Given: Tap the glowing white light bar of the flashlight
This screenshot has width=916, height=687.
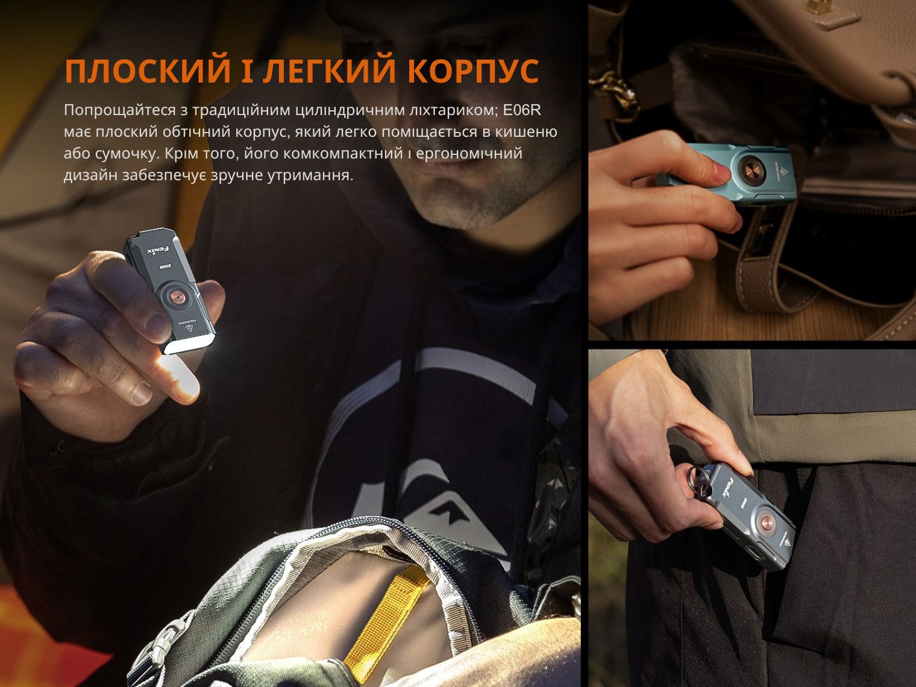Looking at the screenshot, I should click(x=188, y=347).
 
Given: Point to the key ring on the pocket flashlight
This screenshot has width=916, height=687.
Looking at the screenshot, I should click(x=698, y=480).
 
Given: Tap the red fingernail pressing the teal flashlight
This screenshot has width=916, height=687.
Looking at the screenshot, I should click(x=721, y=173).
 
